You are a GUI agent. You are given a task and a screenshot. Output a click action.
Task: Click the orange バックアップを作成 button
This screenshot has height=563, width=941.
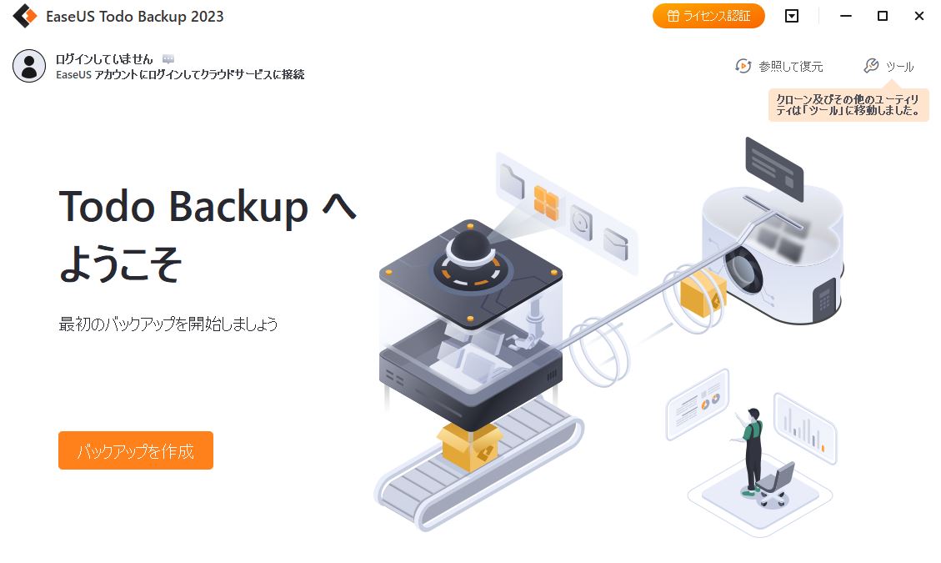pyautogui.click(x=136, y=450)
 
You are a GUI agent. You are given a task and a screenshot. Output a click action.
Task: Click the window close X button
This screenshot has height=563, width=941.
pyautogui.click(x=918, y=16)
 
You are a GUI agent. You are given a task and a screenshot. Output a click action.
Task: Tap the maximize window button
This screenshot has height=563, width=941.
pyautogui.click(x=882, y=16)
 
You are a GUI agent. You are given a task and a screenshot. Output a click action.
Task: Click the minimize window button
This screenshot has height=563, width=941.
pyautogui.click(x=846, y=16)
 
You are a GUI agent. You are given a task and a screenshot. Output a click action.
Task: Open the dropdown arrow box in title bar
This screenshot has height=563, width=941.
pyautogui.click(x=792, y=16)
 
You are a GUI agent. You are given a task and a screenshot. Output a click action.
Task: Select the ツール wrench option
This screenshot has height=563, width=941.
pyautogui.click(x=888, y=66)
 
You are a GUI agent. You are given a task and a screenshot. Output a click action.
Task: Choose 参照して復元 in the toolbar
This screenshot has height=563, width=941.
pyautogui.click(x=779, y=66)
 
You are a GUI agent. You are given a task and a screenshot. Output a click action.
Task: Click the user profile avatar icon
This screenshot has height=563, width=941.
pyautogui.click(x=29, y=66)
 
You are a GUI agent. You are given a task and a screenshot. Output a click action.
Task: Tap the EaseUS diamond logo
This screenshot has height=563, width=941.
pyautogui.click(x=25, y=16)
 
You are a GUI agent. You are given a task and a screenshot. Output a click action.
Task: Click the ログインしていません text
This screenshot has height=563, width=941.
pyautogui.click(x=104, y=59)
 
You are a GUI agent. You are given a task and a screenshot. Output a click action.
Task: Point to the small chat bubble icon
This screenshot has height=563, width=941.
pyautogui.click(x=168, y=59)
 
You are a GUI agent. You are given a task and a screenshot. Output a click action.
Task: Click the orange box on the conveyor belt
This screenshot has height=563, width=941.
pyautogui.click(x=469, y=447)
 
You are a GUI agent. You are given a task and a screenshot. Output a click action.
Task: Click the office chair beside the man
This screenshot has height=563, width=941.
pyautogui.click(x=775, y=485)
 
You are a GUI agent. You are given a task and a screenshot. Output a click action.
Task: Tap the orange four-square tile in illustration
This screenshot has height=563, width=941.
pyautogui.click(x=546, y=203)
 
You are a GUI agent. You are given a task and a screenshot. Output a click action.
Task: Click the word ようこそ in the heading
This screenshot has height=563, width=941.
pyautogui.click(x=121, y=264)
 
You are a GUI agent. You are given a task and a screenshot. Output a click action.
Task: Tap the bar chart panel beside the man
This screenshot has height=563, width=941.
pyautogui.click(x=805, y=428)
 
